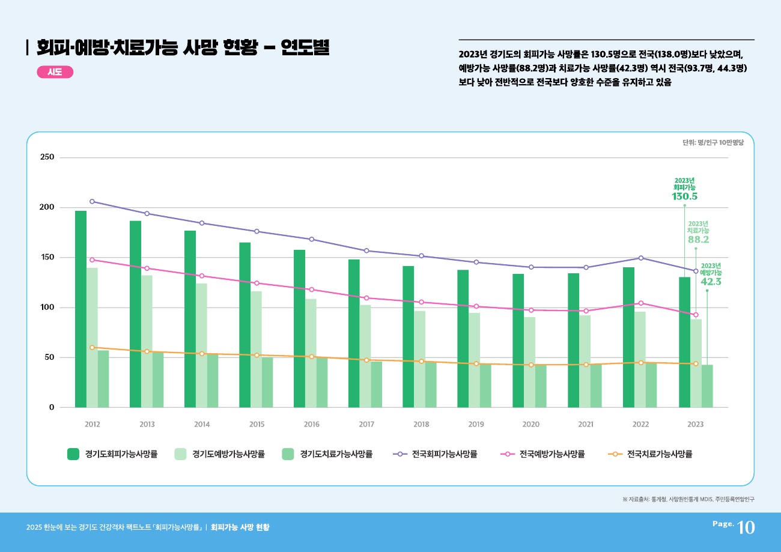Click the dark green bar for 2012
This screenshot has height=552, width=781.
tap(81, 309)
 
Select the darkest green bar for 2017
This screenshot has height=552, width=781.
tap(354, 333)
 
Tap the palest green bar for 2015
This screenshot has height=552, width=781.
tap(257, 349)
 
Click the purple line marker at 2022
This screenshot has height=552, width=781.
tap(641, 258)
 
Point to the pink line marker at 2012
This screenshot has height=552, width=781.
tap(92, 260)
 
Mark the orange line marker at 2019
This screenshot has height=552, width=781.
tap(476, 363)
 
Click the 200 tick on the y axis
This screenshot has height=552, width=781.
tap(47, 207)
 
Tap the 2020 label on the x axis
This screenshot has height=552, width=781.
tap(531, 424)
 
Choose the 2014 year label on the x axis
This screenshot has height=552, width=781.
tap(202, 424)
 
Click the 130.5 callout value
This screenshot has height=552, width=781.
tap(684, 196)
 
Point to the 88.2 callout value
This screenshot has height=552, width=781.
tap(698, 240)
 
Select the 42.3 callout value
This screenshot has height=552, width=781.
tap(711, 282)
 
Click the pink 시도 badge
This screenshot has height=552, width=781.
tap(55, 72)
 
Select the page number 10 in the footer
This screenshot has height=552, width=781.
tap(746, 527)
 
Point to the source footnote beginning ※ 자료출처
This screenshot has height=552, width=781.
tap(688, 499)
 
